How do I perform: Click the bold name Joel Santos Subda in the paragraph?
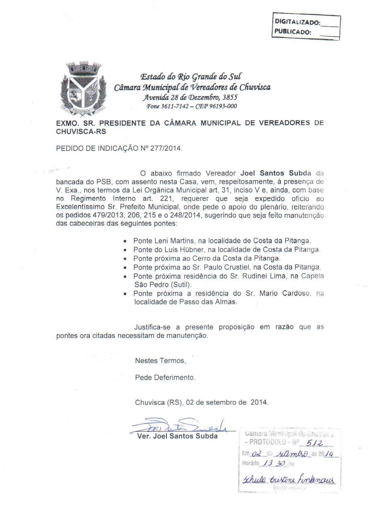point(276,173)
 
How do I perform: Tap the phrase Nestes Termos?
point(160,361)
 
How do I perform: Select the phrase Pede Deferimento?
point(165,377)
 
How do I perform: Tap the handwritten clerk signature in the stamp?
point(289,480)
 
